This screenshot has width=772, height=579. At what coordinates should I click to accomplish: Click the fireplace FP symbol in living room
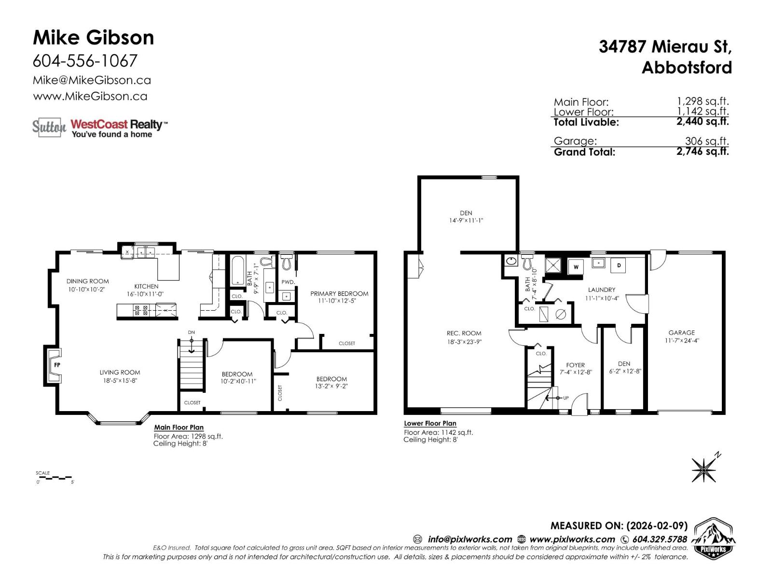[x=56, y=365]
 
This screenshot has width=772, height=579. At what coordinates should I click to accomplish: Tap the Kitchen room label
[x=146, y=286]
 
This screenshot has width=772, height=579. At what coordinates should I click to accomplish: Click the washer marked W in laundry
[x=576, y=266]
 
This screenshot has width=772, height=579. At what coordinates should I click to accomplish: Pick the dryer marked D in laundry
[x=619, y=265]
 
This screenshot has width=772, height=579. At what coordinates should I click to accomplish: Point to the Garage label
[x=681, y=332]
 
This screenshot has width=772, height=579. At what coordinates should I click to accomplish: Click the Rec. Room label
[x=464, y=333]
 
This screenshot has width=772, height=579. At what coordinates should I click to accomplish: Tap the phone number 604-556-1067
[x=85, y=61]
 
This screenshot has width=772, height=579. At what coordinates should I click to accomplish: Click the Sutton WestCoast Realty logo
[x=100, y=127]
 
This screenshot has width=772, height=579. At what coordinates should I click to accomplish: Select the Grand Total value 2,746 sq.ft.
[x=703, y=152]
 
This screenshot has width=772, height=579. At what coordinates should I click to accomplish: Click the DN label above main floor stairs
[x=192, y=332]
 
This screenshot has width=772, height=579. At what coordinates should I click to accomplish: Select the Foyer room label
[x=575, y=365]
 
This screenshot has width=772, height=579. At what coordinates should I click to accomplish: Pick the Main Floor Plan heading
[x=179, y=427]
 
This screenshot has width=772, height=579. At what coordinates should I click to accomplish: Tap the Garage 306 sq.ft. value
[x=706, y=141]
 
